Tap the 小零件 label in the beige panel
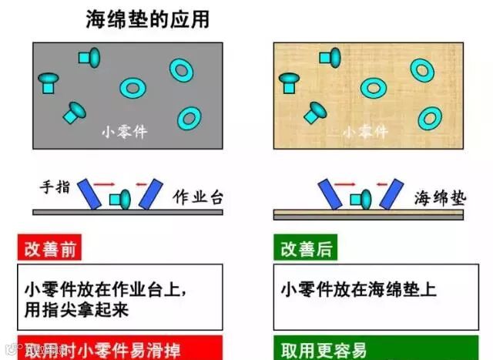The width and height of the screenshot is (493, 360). (x=364, y=132)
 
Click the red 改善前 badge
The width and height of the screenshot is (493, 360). (x=50, y=248)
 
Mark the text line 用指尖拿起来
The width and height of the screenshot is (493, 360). (x=75, y=309)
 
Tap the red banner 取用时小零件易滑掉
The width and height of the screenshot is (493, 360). (x=119, y=348)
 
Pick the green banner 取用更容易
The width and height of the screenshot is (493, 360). (x=324, y=348)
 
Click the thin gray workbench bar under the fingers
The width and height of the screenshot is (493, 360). (x=127, y=211)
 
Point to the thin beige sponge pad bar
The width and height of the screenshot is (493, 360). (x=368, y=214)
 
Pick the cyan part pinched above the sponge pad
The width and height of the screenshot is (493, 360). (x=361, y=199)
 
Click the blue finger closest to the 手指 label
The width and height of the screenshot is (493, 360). (x=92, y=193)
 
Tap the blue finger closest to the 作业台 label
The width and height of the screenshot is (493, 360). (x=151, y=193)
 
